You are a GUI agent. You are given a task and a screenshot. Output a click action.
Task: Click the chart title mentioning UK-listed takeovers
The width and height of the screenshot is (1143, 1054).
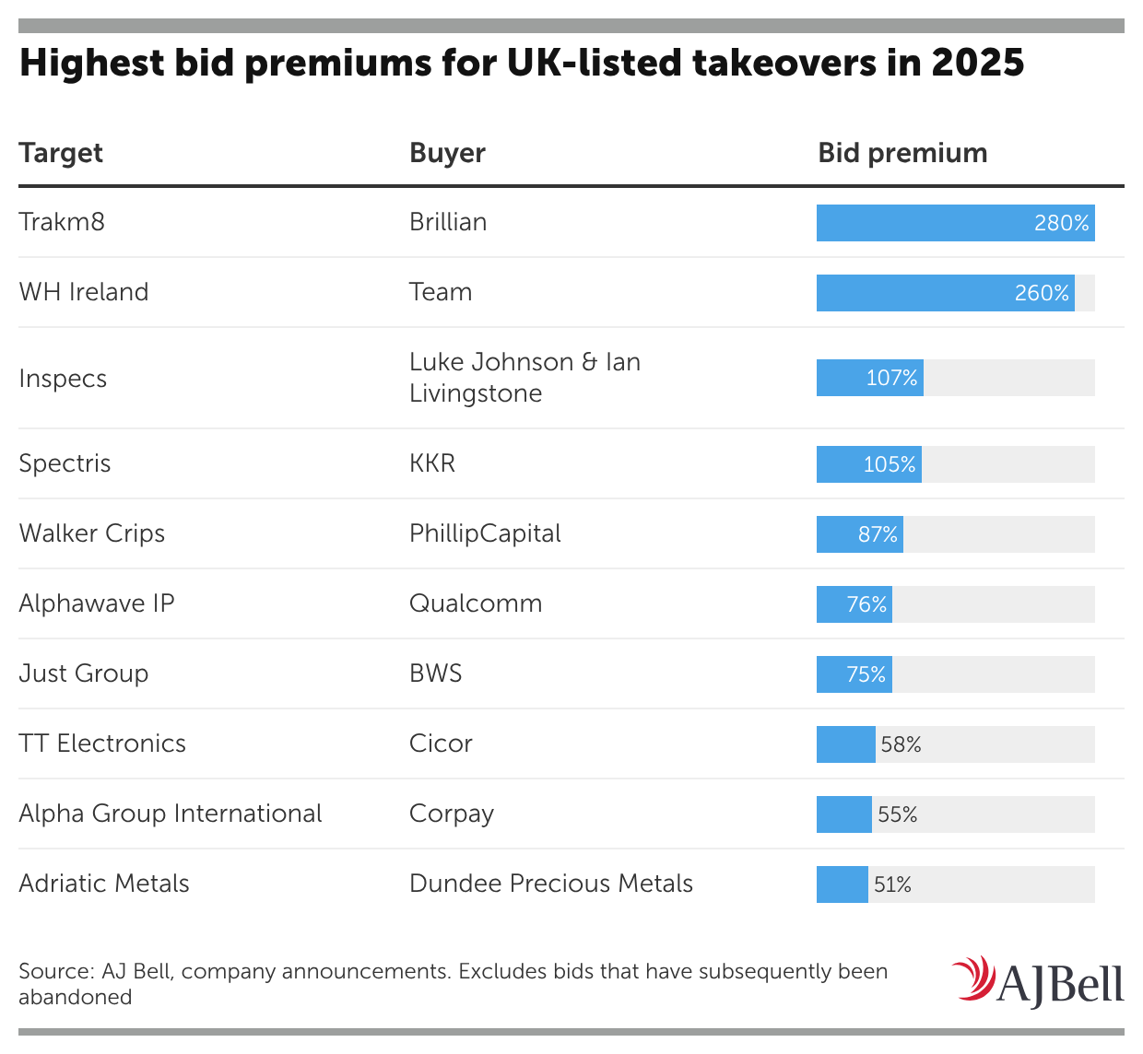coord(521,64)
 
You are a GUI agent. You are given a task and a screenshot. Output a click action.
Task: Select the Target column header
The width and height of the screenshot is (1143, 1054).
coord(61,153)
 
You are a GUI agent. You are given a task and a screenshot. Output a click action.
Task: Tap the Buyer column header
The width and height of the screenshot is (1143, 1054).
coord(447,153)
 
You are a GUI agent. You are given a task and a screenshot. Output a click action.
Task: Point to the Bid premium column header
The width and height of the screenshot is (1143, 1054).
coord(902,153)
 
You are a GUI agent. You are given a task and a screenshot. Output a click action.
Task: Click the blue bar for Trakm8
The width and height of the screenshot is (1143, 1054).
coord(955,223)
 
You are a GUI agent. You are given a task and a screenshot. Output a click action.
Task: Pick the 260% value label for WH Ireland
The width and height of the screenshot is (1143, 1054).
coord(1042,293)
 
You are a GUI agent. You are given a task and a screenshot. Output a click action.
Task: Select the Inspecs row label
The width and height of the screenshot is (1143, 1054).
coord(63,379)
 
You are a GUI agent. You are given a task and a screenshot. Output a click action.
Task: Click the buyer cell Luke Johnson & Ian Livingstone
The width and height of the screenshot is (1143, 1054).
coord(524,378)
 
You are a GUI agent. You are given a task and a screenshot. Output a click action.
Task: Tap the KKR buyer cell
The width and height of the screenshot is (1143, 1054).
coord(432,463)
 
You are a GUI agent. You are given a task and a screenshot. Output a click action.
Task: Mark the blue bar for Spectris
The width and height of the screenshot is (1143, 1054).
coord(868,464)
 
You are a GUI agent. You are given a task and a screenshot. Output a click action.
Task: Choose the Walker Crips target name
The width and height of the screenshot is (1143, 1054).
coord(92,533)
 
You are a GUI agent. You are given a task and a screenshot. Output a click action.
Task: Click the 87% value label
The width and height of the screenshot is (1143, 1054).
coord(878,534)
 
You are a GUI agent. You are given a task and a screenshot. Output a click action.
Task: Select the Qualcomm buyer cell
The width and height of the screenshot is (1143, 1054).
coord(476,603)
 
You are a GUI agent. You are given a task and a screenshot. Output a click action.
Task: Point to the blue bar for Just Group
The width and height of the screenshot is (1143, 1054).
coord(854,674)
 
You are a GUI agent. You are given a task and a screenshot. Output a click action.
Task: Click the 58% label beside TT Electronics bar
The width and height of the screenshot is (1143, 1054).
coord(901,744)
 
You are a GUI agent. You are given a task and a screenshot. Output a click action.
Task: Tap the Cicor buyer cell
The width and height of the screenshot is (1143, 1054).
coord(441,744)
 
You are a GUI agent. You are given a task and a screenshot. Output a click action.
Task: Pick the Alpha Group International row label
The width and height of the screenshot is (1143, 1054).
coord(171,814)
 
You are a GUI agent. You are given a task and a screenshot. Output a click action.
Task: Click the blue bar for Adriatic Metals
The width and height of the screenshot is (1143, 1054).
coord(842,884)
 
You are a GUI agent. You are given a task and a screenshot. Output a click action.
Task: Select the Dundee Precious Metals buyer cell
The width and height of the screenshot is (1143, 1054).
coord(550,884)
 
